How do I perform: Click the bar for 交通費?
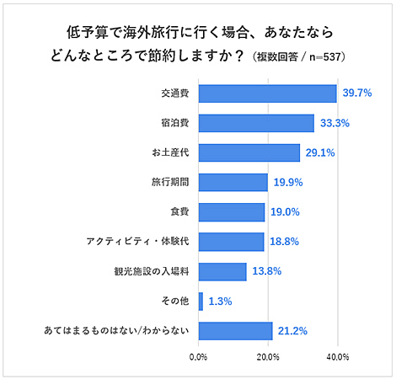click(267, 93)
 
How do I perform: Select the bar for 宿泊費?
click(256, 123)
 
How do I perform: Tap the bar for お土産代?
click(249, 152)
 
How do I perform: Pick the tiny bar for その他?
click(201, 301)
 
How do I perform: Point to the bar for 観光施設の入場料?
click(222, 271)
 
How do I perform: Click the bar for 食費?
click(232, 212)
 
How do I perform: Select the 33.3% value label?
click(334, 123)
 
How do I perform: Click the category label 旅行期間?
click(170, 183)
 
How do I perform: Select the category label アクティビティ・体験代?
click(140, 242)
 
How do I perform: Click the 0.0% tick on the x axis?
click(199, 358)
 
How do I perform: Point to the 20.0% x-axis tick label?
click(268, 358)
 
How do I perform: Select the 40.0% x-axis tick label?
click(337, 358)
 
